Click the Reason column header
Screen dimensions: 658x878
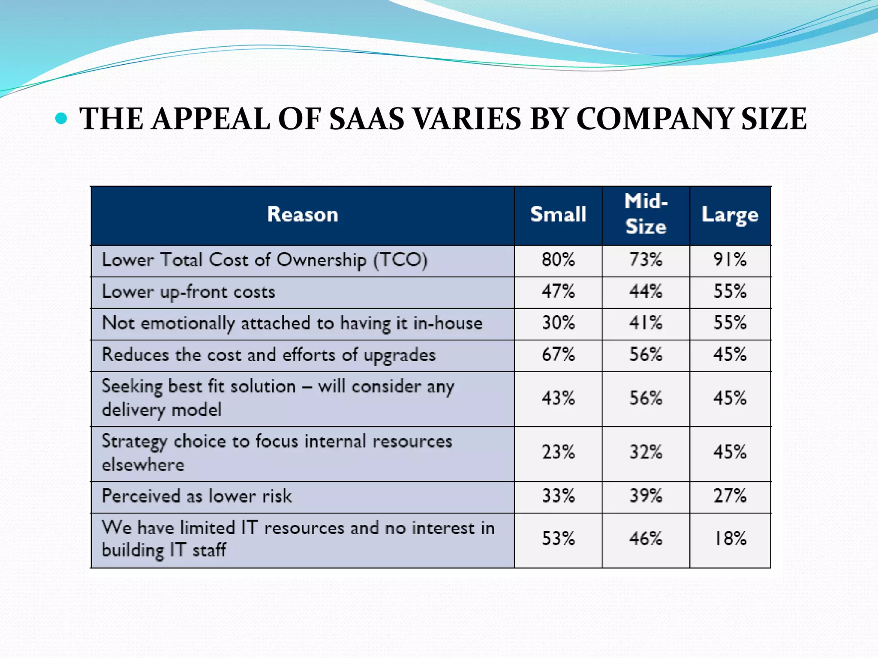[302, 215]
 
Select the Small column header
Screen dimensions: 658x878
[558, 215]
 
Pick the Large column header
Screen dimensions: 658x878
[730, 215]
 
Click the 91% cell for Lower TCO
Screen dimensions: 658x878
[730, 260]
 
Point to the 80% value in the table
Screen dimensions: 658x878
[558, 260]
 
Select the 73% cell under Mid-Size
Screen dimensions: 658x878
[646, 260]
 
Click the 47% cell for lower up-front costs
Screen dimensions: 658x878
[558, 292]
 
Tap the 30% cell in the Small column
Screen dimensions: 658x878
[558, 323]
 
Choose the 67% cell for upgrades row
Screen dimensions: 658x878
[558, 355]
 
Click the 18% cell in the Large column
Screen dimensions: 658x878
[730, 539]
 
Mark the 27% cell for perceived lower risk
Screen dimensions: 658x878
[730, 496]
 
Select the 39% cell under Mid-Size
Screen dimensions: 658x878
[646, 496]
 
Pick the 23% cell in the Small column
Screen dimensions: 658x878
[558, 452]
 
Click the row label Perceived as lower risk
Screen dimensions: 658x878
[197, 496]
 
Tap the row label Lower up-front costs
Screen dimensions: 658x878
[188, 292]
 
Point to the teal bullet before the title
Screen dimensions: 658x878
[61, 118]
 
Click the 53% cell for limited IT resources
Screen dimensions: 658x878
[558, 539]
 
